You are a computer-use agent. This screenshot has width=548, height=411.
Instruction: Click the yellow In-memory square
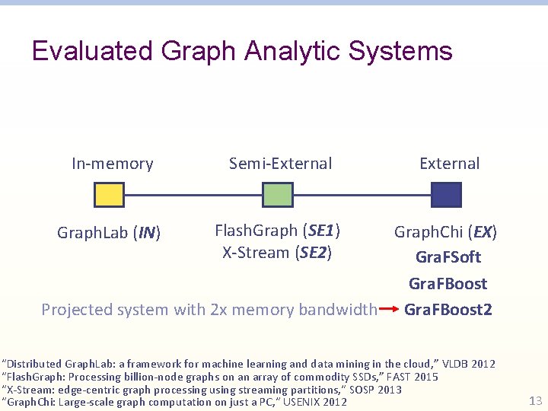click(x=109, y=195)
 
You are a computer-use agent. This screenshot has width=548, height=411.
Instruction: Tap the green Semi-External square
click(x=277, y=195)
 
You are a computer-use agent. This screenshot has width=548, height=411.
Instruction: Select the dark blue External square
click(x=446, y=195)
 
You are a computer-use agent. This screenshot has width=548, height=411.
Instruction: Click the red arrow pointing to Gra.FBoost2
click(x=389, y=310)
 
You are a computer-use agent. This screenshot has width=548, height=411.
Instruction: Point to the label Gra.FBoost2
click(x=448, y=310)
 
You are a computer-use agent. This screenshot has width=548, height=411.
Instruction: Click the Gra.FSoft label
click(x=448, y=257)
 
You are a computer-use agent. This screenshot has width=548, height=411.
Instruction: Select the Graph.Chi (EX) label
click(x=445, y=231)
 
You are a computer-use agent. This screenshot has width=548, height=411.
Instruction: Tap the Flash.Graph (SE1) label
click(x=277, y=230)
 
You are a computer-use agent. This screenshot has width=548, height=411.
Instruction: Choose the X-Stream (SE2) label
click(x=277, y=252)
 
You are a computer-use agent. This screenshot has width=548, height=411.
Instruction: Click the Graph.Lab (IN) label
click(x=109, y=232)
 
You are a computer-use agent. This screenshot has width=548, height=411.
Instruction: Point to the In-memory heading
click(x=112, y=164)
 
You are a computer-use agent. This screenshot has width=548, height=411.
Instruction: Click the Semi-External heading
click(x=281, y=164)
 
